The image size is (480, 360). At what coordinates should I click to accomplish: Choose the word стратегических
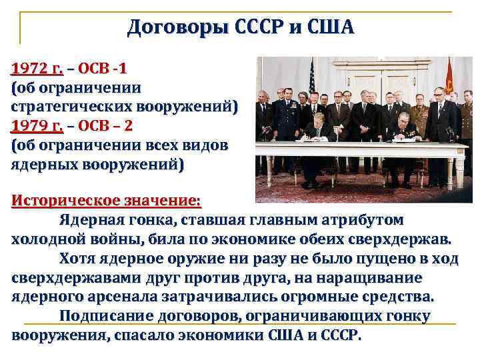click(x=73, y=106)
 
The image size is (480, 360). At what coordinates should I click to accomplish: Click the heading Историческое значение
click(x=106, y=201)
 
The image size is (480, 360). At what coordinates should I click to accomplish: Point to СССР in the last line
click(x=337, y=335)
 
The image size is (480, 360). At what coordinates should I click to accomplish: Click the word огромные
click(x=351, y=296)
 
